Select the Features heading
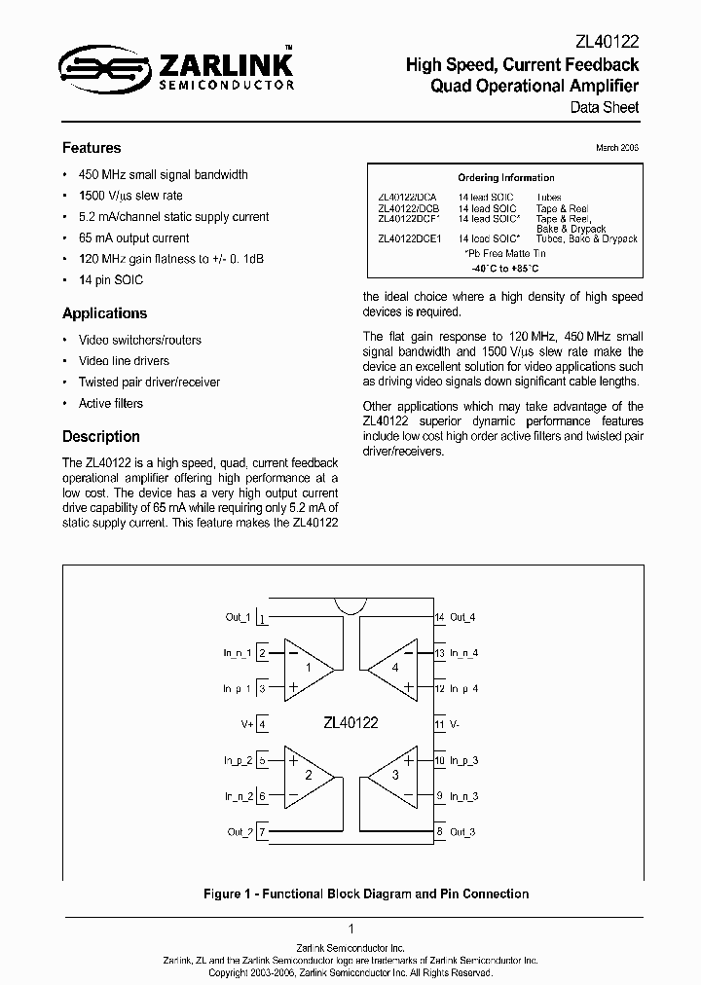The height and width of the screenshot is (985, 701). (x=92, y=148)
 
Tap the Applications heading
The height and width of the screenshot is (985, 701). (x=104, y=313)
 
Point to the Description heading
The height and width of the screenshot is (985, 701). (x=101, y=436)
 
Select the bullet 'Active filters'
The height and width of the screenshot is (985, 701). (x=110, y=403)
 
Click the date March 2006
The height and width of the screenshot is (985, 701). (x=616, y=147)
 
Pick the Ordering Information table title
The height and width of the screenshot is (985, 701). (x=505, y=178)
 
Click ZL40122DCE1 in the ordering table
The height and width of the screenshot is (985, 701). (x=409, y=238)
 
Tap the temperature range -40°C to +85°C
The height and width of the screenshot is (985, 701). (x=505, y=268)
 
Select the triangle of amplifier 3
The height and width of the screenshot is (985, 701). (x=392, y=778)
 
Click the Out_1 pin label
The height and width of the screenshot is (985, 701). (x=238, y=617)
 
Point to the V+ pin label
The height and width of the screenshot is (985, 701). (x=246, y=724)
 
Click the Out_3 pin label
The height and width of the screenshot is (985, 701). (x=463, y=832)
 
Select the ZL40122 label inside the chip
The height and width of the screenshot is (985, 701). (x=350, y=723)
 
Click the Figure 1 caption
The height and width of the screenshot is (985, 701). (x=365, y=894)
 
